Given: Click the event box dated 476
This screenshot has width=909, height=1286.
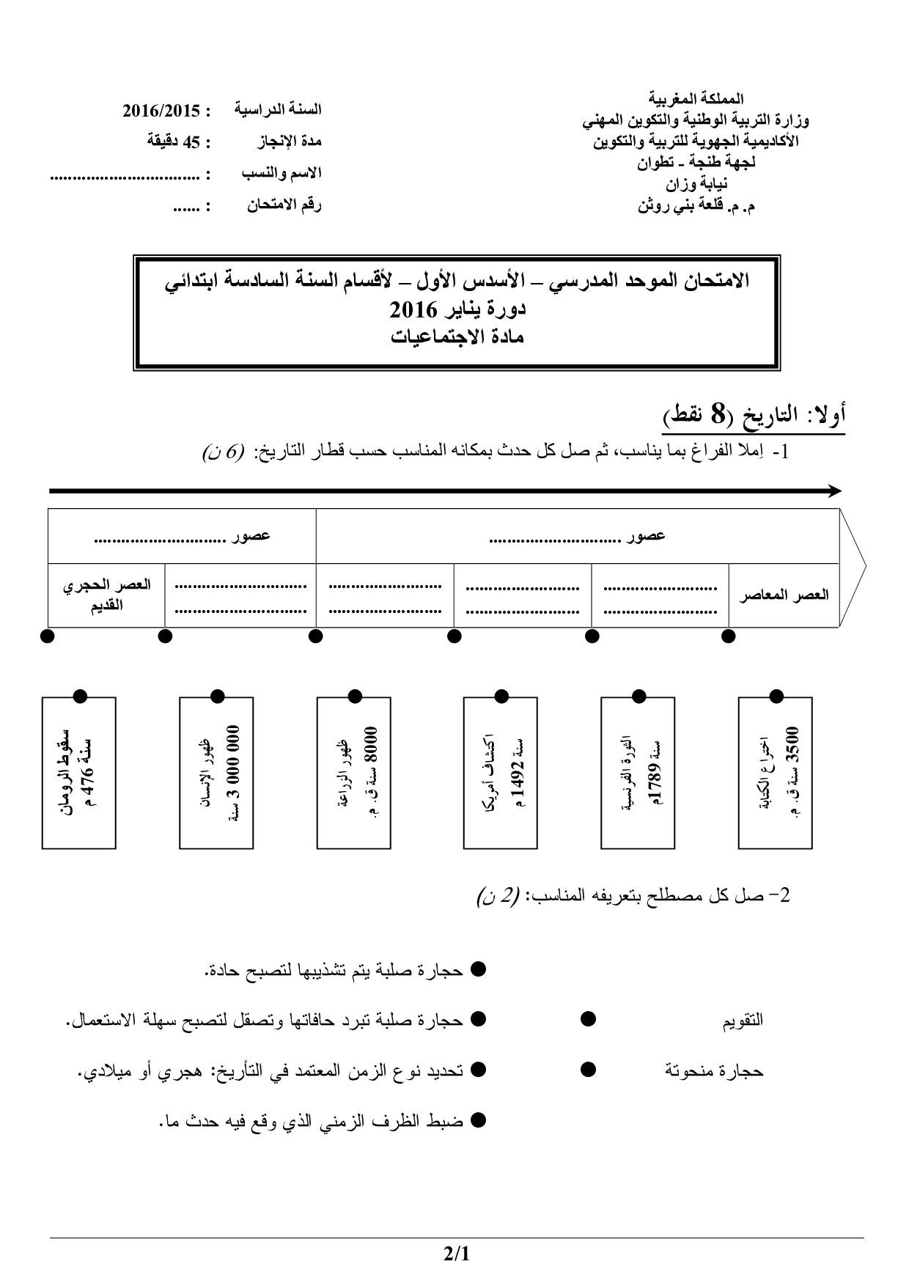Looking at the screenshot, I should click(78, 773).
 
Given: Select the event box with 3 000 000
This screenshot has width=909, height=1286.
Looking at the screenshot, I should click(216, 773).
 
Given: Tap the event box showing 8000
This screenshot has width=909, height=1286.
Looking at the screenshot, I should click(353, 773).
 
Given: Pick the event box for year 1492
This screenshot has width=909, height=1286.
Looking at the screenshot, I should click(500, 773).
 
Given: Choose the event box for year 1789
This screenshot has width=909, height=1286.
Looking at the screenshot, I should click(637, 773).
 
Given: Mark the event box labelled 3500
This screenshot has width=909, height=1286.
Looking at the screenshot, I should click(775, 773).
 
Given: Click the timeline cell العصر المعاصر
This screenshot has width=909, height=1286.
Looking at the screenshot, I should click(784, 595).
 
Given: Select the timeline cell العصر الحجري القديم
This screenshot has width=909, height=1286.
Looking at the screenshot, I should click(107, 595).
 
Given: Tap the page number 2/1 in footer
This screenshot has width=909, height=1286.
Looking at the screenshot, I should click(455, 1254).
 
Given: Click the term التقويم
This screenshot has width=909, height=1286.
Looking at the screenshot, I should click(743, 1020).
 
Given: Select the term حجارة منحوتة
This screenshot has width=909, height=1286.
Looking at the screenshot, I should click(714, 1071).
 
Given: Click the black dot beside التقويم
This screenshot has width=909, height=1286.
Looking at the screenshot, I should click(588, 1019).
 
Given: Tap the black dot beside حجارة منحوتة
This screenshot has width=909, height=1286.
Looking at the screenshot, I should click(588, 1070).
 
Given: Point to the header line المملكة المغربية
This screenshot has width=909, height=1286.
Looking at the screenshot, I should click(696, 98).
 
